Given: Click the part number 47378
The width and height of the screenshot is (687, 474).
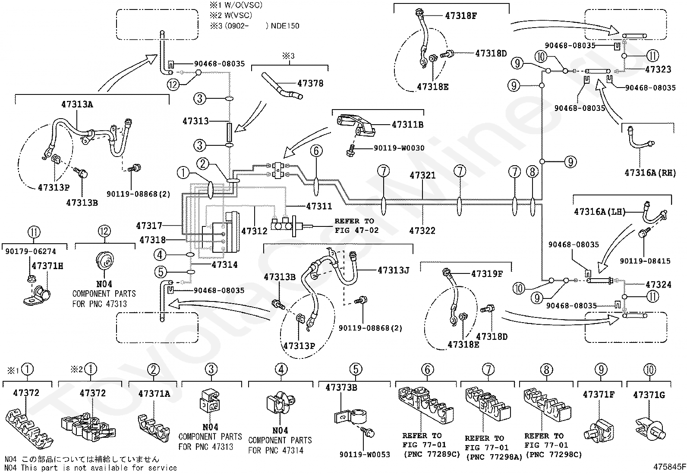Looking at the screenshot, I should [x=310, y=83].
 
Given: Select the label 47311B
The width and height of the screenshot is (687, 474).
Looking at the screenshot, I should [x=407, y=125].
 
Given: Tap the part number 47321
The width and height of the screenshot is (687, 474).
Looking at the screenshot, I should [x=422, y=176].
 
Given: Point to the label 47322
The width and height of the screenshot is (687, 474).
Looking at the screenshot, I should [x=422, y=231].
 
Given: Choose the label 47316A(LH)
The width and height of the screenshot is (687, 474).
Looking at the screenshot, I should [x=599, y=212].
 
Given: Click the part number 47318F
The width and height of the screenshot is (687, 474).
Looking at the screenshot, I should [x=461, y=16].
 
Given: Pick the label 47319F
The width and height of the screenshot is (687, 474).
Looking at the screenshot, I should [x=487, y=273].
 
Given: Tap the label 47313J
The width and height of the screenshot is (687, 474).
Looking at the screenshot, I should [x=393, y=270].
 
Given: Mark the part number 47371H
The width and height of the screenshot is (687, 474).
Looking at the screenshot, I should [x=47, y=266].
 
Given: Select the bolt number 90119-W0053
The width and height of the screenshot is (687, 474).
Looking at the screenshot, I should [x=364, y=454].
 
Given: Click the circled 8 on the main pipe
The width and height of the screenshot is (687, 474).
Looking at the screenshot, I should [x=533, y=172].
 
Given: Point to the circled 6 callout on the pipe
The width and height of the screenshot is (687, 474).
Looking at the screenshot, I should [x=316, y=151].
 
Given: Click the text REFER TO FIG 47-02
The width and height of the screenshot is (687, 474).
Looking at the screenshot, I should [x=356, y=226].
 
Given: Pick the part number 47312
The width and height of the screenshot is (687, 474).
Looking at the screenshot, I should [x=254, y=231].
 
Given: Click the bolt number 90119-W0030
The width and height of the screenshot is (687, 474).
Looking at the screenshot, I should [x=399, y=148].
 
